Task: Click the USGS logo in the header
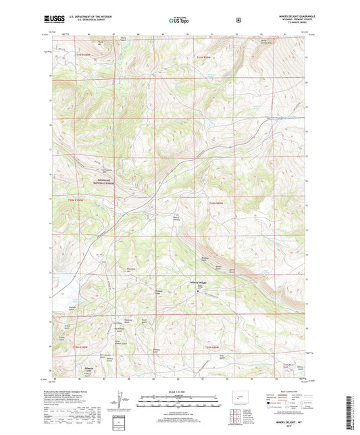coord(59,21)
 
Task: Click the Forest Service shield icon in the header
coord(238,21)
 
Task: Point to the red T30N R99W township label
coord(215,202)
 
